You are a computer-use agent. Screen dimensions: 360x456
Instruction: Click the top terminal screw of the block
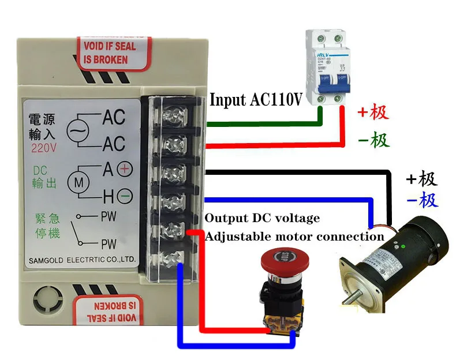(174, 115)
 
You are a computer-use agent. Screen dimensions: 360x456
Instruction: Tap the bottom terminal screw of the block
(174, 257)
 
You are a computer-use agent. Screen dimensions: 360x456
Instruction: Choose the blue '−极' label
(422, 201)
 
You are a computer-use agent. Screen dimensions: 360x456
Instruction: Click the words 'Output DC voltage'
(261, 219)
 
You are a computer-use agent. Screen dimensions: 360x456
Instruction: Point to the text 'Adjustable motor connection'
(295, 237)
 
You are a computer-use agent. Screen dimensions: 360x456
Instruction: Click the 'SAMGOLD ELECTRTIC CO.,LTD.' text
(82, 261)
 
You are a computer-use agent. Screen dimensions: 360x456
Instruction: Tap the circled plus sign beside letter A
(125, 170)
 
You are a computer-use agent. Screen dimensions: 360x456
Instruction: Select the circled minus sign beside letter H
(125, 197)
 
